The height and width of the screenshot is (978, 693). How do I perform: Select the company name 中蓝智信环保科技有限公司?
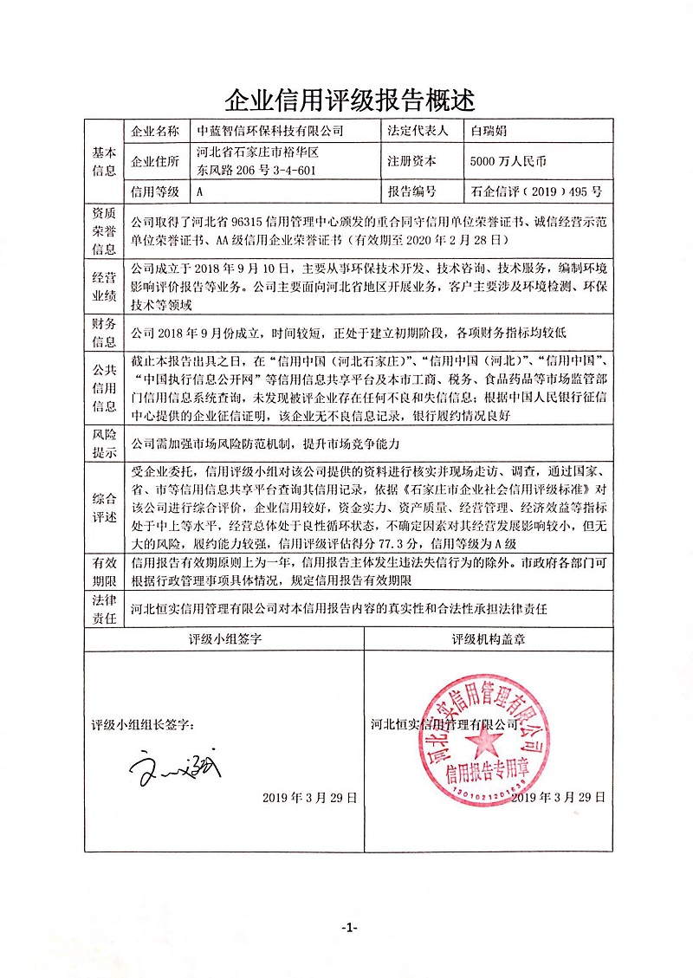[x=271, y=132]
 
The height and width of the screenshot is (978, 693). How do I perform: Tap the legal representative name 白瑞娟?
[x=489, y=132]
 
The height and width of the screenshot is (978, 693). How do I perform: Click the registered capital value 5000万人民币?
[x=508, y=161]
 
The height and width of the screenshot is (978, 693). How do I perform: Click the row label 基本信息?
[x=104, y=161]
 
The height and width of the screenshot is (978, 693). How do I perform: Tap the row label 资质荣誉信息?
[x=104, y=229]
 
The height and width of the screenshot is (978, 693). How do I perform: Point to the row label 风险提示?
[x=104, y=444]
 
